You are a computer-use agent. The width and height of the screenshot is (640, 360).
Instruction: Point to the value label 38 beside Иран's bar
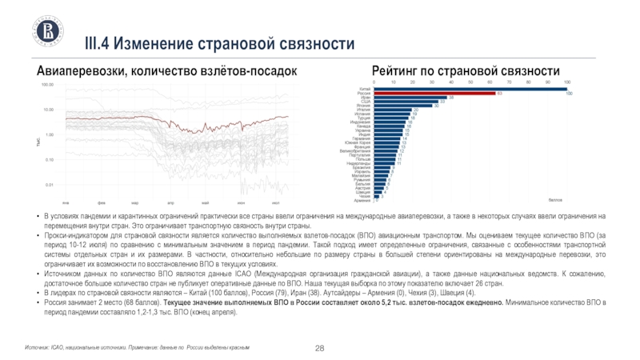pyautogui.click(x=452, y=98)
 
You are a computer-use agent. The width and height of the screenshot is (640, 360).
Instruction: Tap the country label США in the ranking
pyautogui.click(x=365, y=102)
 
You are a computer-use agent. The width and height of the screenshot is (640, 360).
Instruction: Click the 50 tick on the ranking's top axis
pyautogui.click(x=471, y=82)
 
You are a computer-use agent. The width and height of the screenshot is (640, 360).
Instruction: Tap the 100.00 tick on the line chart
pyautogui.click(x=47, y=84)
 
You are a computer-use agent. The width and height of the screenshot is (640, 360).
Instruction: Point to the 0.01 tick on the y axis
pyautogui.click(x=49, y=185)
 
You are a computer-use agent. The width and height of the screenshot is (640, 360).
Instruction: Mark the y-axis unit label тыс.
pyautogui.click(x=37, y=142)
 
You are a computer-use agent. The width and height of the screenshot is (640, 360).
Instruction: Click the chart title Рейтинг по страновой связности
pyautogui.click(x=466, y=71)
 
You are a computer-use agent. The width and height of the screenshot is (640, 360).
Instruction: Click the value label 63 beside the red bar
pyautogui.click(x=499, y=94)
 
